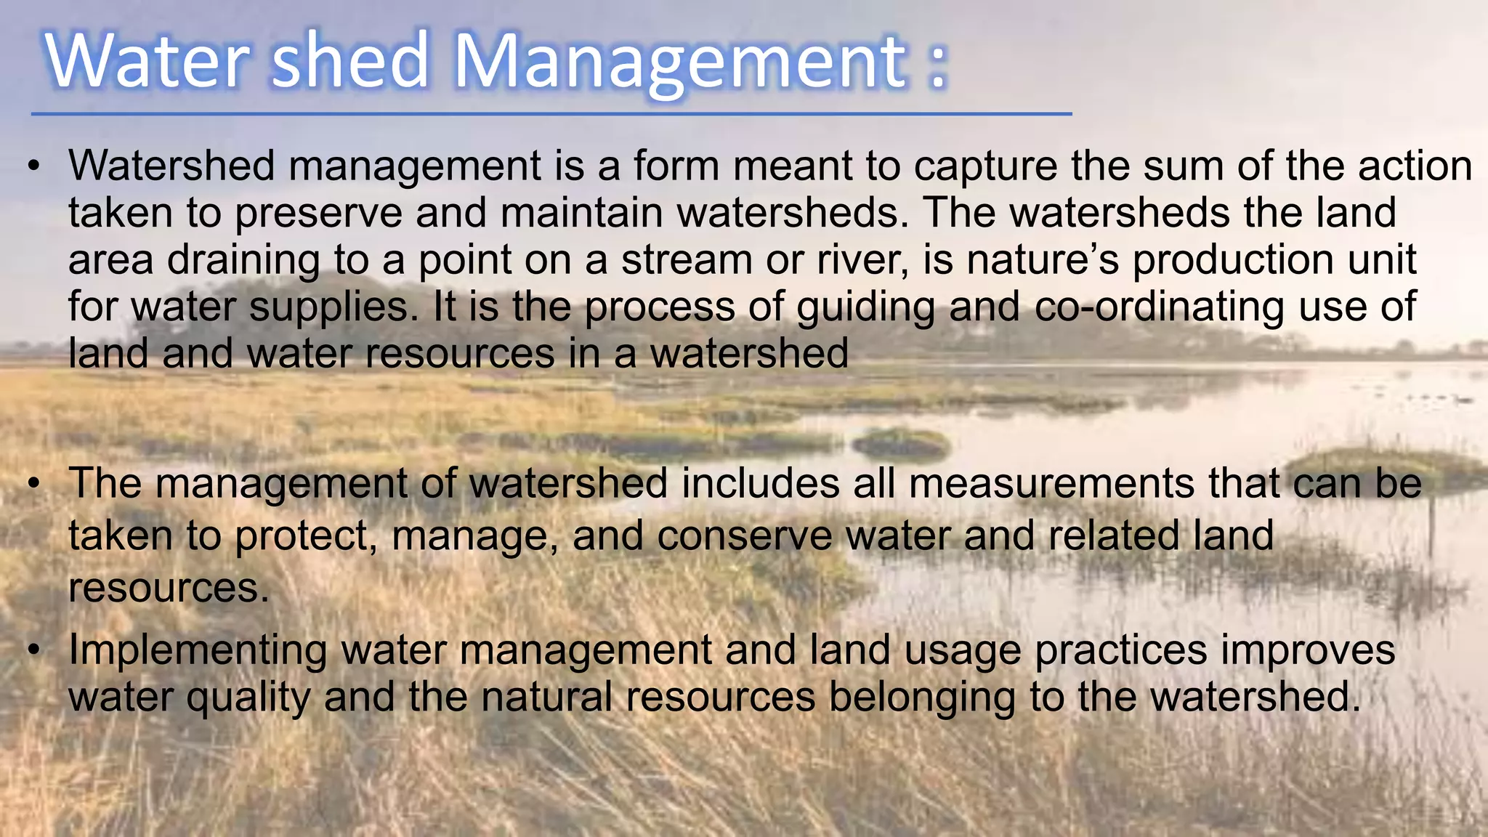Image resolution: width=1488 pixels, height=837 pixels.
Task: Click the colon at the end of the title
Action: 938,64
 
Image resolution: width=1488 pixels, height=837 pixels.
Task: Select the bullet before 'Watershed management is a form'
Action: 33,167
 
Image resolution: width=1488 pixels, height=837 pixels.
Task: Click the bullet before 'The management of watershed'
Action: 33,485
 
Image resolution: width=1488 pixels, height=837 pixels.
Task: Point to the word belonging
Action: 922,697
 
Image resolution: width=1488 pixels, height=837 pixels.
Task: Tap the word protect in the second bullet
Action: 306,536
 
